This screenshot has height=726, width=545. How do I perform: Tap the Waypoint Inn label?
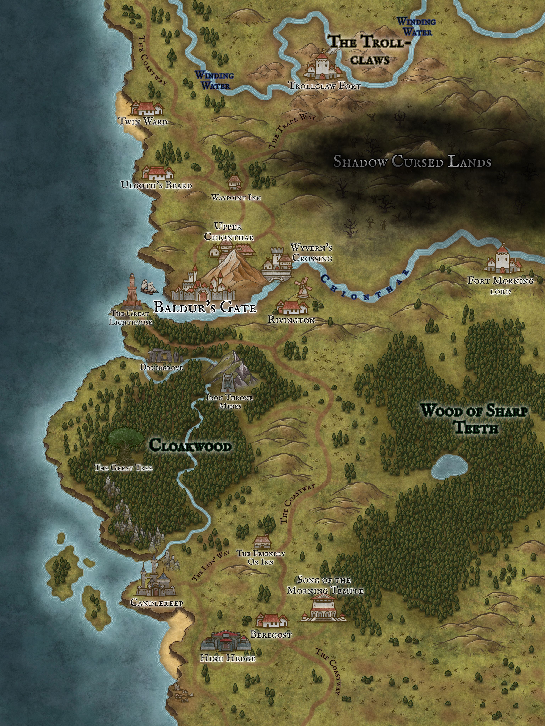236,198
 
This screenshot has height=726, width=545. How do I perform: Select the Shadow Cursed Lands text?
412,162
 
